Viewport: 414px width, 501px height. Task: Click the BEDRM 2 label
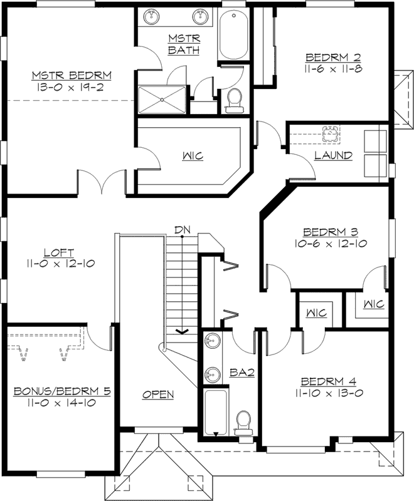click(x=329, y=56)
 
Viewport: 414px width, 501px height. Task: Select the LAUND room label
click(x=333, y=155)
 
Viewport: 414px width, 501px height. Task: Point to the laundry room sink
click(x=330, y=134)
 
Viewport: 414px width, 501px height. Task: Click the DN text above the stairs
click(x=182, y=230)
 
